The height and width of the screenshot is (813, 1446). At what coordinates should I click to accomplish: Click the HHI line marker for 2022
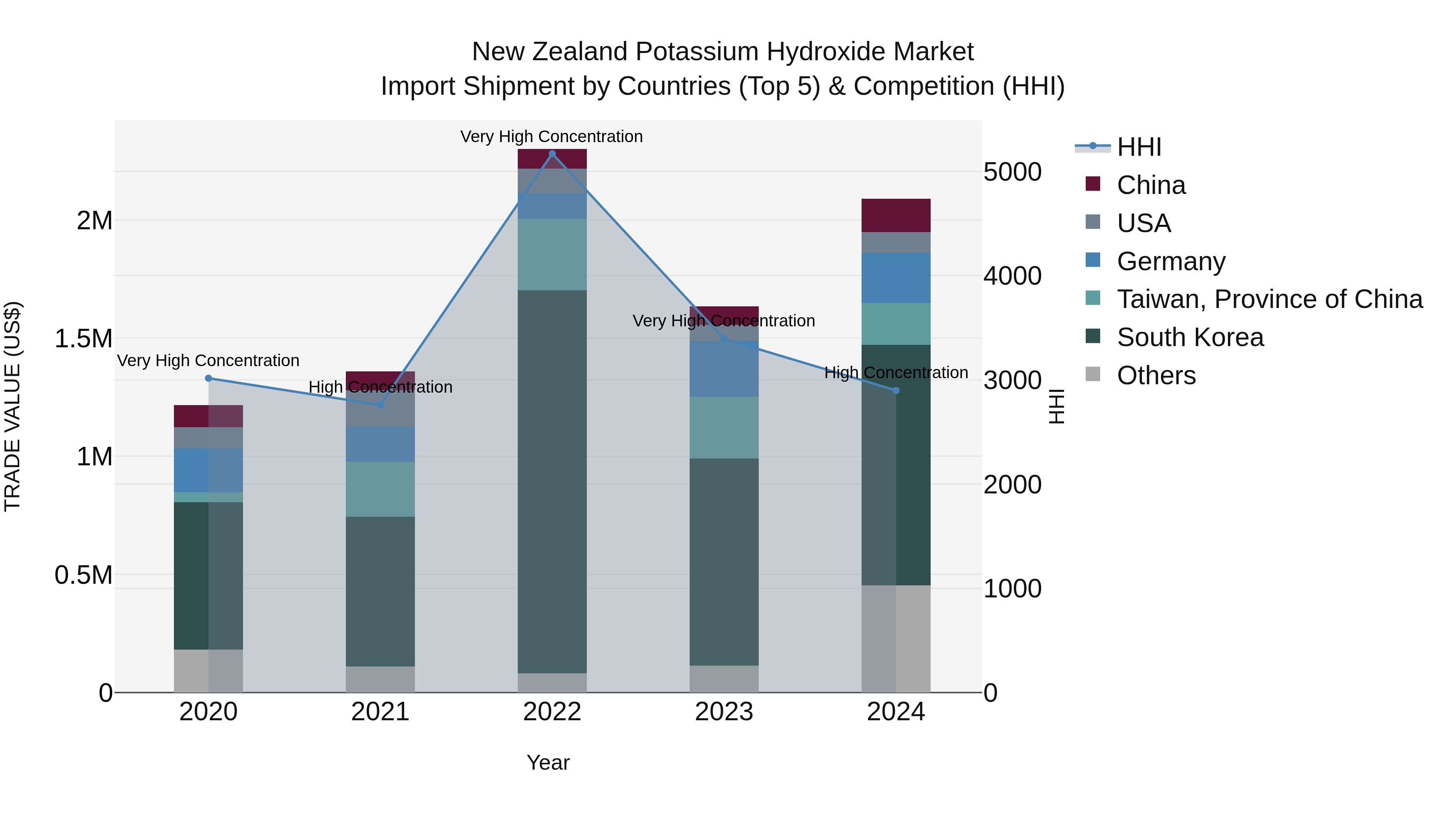552,154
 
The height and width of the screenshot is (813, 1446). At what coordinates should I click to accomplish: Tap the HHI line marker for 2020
208,378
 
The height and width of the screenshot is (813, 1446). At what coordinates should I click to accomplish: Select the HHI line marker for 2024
896,391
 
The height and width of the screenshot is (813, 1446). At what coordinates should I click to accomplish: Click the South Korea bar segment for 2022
552,481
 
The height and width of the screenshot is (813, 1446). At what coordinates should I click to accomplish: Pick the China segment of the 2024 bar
896,216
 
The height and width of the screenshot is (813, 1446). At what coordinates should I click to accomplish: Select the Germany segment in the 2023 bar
724,369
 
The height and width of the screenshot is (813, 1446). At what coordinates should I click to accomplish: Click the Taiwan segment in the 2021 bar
380,489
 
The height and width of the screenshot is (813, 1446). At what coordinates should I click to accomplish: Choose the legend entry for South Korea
1190,337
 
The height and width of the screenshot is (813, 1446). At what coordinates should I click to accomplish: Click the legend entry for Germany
1171,261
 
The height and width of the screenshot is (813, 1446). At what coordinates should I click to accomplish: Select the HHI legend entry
1139,147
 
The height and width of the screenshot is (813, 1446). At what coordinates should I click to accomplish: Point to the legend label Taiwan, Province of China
1270,299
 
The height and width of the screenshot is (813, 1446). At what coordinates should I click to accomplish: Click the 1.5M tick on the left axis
84,339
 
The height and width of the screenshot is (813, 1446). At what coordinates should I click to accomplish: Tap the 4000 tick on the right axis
1012,276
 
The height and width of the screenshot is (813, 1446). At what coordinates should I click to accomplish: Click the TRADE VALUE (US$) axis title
12,406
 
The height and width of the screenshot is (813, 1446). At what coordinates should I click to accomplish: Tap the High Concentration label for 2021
380,387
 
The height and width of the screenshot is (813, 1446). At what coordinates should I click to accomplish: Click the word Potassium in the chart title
699,52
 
